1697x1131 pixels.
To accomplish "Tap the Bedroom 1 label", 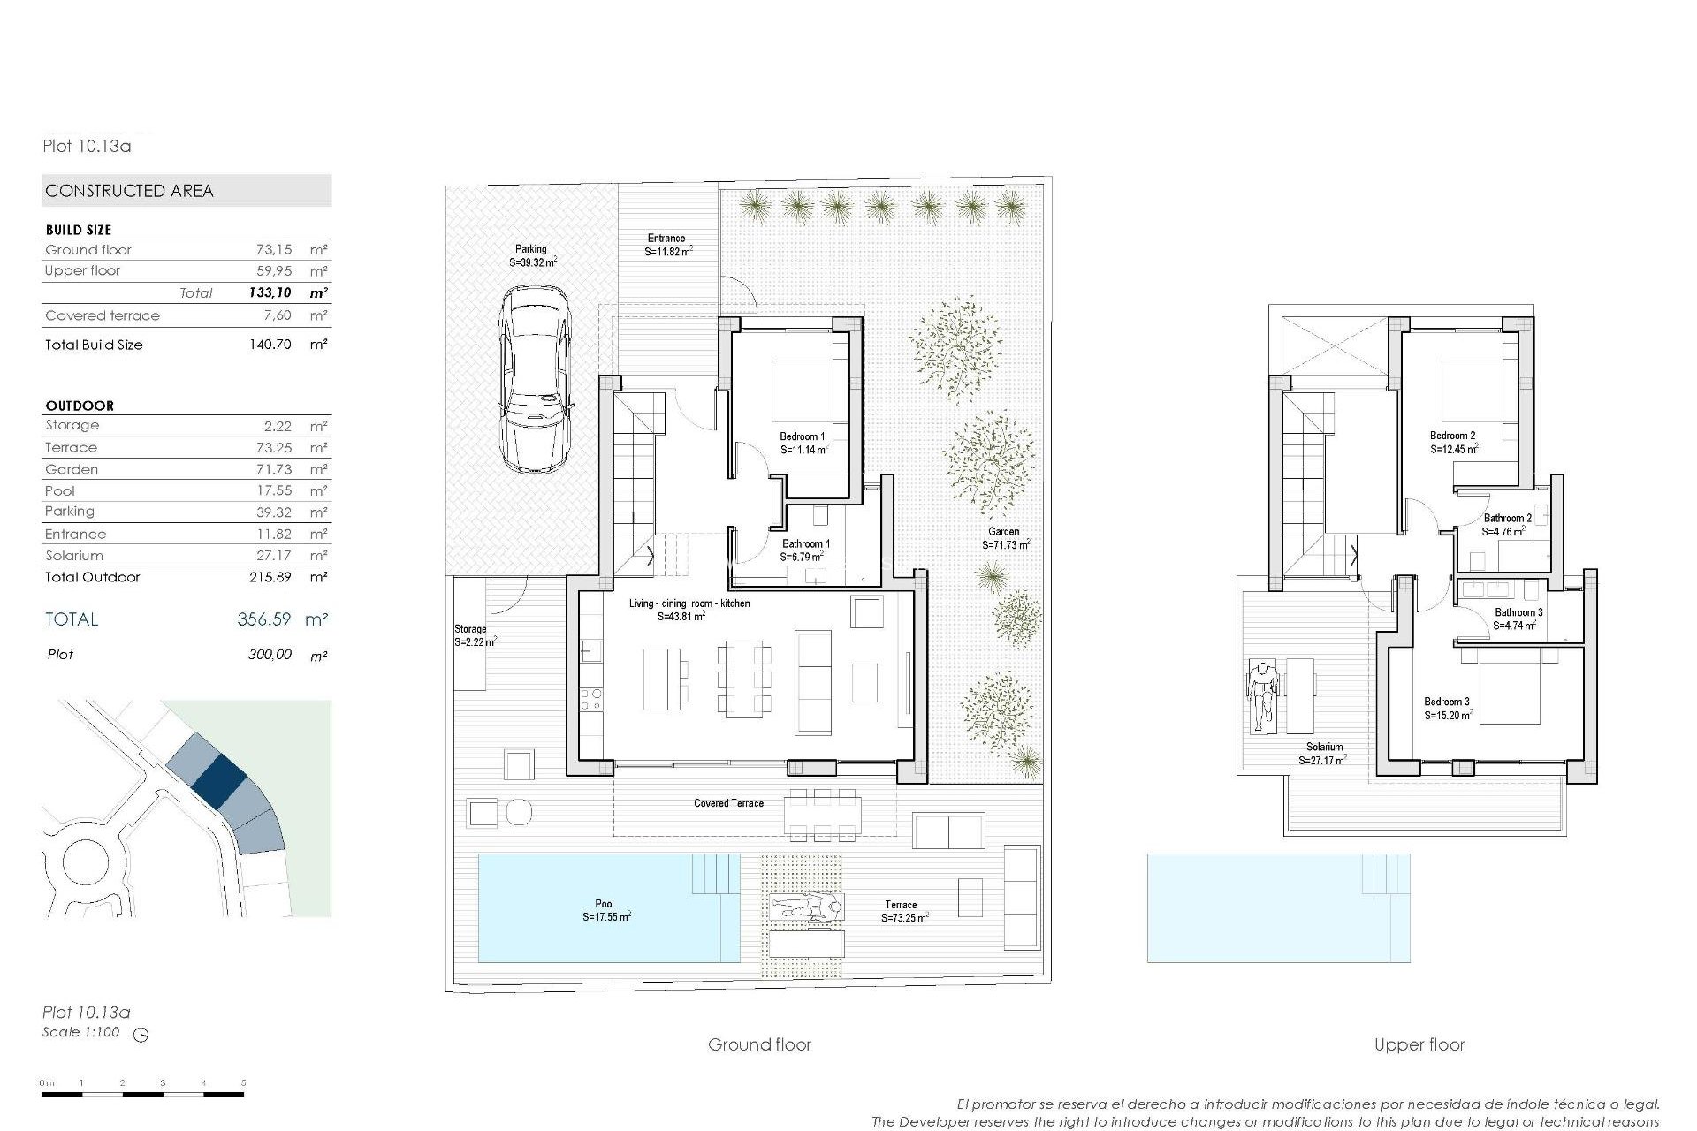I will click(x=803, y=436).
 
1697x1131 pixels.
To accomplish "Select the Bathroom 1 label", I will click(x=805, y=544).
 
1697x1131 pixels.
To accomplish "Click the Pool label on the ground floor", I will click(x=605, y=904).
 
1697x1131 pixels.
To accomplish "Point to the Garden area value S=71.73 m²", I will click(x=1005, y=546).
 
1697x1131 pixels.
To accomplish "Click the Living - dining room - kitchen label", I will click(x=689, y=603).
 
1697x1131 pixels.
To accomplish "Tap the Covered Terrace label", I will click(x=728, y=803).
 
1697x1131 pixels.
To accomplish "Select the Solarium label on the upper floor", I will click(x=1324, y=748).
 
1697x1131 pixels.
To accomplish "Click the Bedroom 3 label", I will click(x=1447, y=702).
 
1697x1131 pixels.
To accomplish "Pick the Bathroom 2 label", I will click(x=1507, y=519).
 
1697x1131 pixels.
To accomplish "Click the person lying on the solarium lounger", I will click(x=1263, y=694).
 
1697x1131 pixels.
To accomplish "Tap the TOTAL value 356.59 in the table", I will click(x=263, y=619).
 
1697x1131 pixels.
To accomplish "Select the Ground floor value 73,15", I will click(x=273, y=250).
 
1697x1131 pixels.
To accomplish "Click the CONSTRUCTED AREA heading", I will click(x=129, y=191).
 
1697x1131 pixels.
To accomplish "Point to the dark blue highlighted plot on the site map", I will click(x=218, y=779).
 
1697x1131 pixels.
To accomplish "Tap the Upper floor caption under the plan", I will click(x=1419, y=1044).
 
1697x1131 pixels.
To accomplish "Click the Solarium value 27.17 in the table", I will click(x=273, y=556).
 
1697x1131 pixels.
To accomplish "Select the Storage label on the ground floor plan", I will click(x=470, y=629).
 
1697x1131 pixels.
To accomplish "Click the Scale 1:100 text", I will click(x=81, y=1032).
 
